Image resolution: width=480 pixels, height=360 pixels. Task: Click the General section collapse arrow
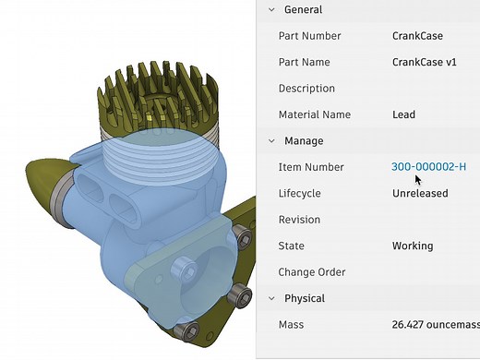271,9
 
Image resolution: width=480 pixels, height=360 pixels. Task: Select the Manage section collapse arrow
271,141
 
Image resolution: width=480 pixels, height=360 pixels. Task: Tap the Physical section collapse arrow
271,298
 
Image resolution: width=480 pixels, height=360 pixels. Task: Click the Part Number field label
309,36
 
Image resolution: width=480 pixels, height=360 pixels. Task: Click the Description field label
306,89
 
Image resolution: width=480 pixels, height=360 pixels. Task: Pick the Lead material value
403,114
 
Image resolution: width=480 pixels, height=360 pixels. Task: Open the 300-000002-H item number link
428,167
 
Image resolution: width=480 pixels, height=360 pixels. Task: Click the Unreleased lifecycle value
420,194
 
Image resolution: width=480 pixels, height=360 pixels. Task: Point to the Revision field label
299,220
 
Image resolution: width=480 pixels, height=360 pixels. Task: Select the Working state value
412,246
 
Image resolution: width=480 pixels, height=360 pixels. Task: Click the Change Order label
312,272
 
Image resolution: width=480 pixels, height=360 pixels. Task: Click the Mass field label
291,325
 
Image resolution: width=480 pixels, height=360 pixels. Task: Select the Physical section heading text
305,298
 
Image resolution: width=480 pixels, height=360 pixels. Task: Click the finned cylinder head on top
156,92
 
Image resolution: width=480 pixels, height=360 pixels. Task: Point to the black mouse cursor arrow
393,179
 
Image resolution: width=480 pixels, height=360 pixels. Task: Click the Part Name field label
304,62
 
